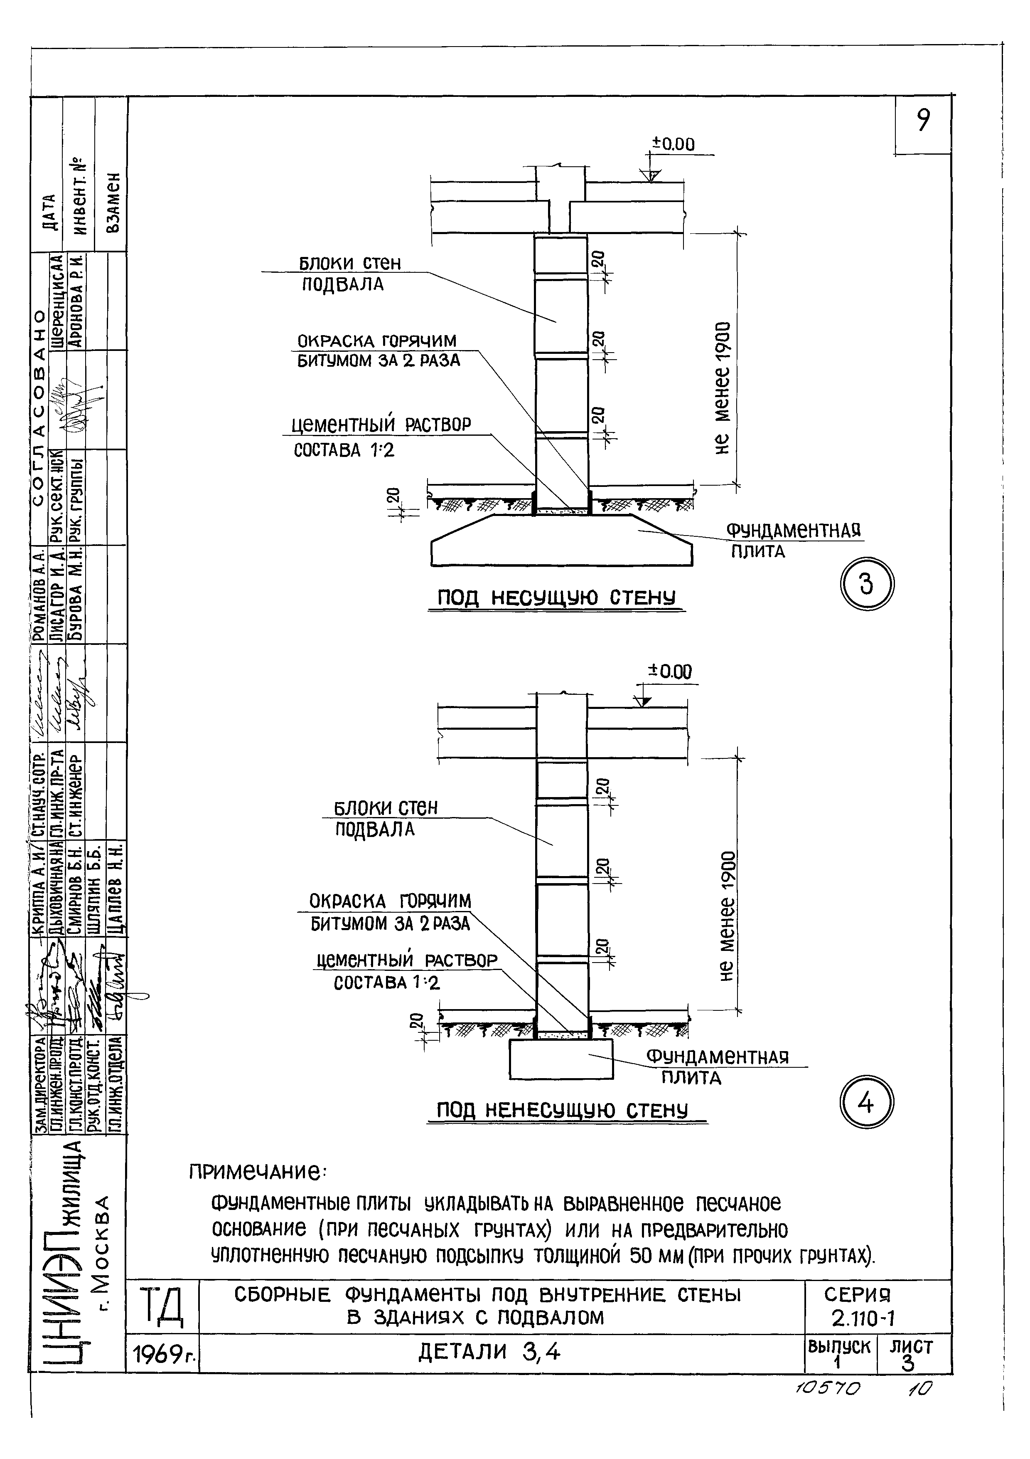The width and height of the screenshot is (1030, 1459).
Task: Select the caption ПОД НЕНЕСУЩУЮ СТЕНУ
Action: pos(563,1111)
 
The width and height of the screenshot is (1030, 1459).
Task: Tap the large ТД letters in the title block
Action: pos(162,1307)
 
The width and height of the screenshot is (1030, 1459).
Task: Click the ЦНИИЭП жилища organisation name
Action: pos(66,1252)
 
